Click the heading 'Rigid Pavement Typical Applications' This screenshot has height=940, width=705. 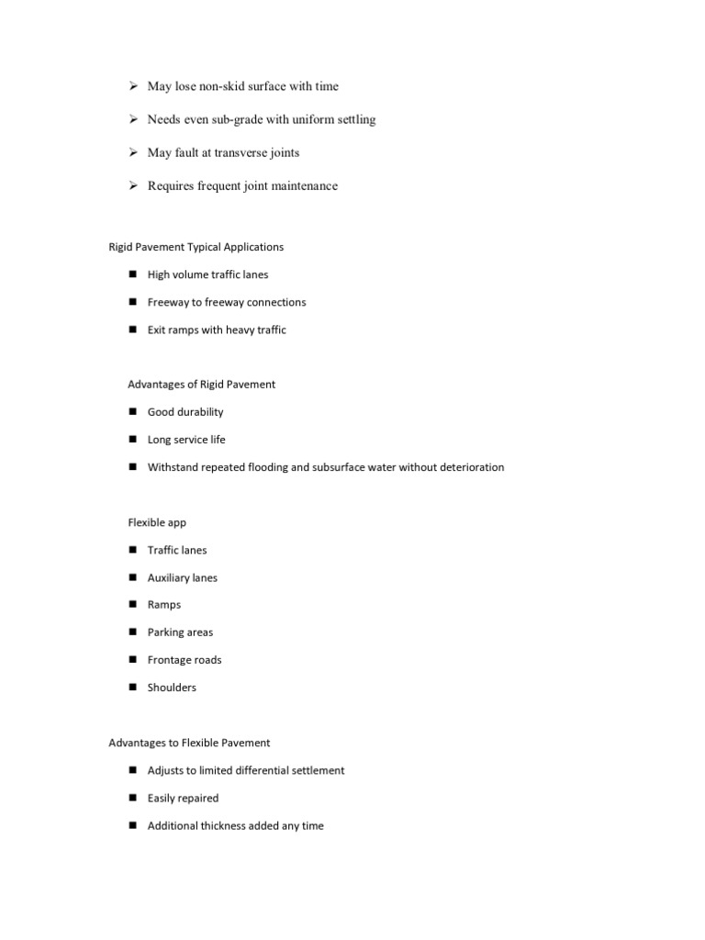click(x=196, y=247)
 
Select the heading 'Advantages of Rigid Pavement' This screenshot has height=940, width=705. click(x=201, y=385)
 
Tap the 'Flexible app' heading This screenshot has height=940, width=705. click(x=157, y=522)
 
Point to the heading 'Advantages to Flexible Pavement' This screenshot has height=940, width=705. click(x=189, y=743)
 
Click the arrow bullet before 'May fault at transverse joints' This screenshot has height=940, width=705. click(x=132, y=152)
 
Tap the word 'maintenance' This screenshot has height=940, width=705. click(x=303, y=185)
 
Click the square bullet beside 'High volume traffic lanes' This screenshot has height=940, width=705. click(x=132, y=274)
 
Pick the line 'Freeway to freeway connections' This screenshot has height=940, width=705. click(x=227, y=302)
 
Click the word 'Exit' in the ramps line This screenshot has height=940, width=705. click(x=157, y=330)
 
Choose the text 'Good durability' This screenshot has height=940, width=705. click(x=185, y=412)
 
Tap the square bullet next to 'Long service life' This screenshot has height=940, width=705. click(x=132, y=440)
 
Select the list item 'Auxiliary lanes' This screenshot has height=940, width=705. click(x=183, y=577)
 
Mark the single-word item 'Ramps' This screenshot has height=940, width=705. click(x=164, y=605)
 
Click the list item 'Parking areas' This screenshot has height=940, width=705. click(x=180, y=632)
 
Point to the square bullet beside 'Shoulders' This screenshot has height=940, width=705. click(x=132, y=688)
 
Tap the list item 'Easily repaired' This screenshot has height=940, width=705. click(x=183, y=798)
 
